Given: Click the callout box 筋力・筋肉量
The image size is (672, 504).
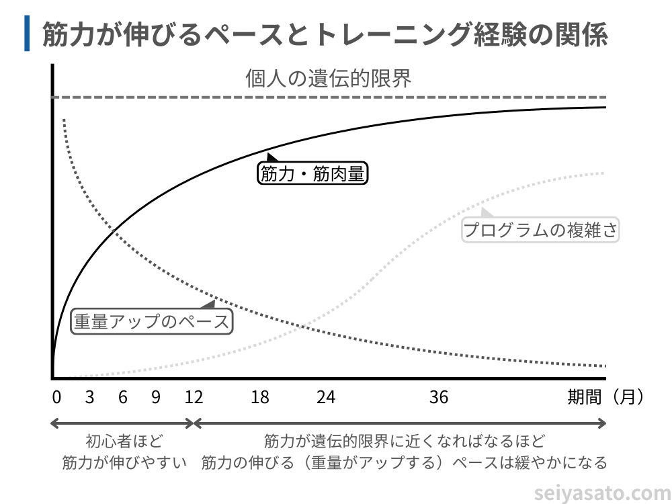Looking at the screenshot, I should coord(312,174).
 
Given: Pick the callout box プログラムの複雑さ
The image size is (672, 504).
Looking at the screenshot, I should coord(540,230).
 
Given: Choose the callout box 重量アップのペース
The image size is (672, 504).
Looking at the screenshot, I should coord(151,321).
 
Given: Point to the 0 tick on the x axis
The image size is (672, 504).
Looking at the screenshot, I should coord(56,397).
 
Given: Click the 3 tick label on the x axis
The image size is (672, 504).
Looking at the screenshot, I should coord(89,397).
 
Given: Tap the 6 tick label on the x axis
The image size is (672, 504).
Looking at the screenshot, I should coord(123,397).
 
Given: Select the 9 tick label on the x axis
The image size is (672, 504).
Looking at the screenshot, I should coord(156,397).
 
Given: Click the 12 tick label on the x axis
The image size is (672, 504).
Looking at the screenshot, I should coord(194,397).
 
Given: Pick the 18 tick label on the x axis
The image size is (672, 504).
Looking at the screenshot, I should coord(260,397).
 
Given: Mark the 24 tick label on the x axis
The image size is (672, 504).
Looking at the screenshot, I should coord(326,397).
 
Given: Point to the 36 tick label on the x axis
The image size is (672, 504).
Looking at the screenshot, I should coord(439,397).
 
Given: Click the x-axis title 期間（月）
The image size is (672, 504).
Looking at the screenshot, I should coord(605,397).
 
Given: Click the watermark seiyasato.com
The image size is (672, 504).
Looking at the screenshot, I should coord(601,494).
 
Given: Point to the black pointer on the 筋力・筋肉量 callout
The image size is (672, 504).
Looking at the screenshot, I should coord(272,157).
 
